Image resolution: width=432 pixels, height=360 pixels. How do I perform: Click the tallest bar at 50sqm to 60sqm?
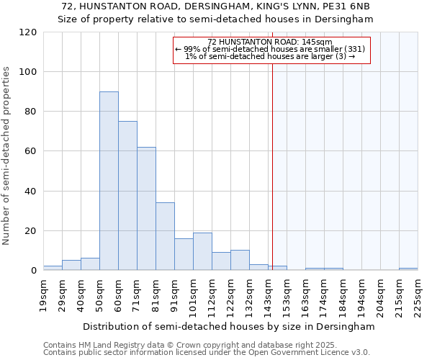(x=109, y=181)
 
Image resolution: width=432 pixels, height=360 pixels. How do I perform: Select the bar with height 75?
(x=127, y=196)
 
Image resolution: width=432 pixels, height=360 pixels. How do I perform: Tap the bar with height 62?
(x=146, y=209)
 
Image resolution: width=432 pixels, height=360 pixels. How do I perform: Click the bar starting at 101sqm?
(x=202, y=251)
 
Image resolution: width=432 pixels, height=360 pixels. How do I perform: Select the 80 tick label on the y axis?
(x=31, y=112)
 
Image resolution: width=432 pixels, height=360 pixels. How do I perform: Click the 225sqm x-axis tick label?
(x=418, y=295)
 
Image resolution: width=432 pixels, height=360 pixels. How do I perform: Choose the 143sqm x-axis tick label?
(x=268, y=295)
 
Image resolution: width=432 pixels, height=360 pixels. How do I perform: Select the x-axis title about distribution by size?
(x=229, y=326)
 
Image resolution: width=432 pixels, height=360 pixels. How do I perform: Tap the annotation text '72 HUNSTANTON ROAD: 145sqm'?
(x=269, y=42)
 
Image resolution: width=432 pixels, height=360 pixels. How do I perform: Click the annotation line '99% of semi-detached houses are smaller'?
(x=270, y=49)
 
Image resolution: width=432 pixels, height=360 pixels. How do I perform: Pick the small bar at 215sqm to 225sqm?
(x=408, y=269)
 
